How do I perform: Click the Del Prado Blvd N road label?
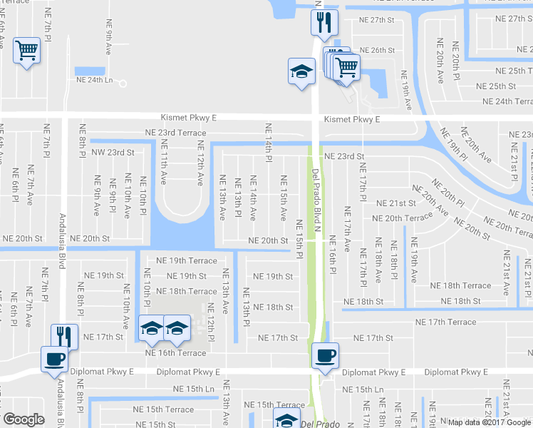[x=319, y=204]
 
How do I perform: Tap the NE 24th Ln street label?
[x=94, y=80]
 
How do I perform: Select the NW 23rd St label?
[x=111, y=152]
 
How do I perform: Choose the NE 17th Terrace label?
[x=445, y=322]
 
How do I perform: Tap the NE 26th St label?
[x=377, y=51]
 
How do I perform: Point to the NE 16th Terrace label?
[x=175, y=353]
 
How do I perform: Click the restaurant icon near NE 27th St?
[x=323, y=21]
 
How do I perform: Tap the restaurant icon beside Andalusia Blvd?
[x=64, y=337]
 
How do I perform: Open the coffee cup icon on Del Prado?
[x=325, y=355]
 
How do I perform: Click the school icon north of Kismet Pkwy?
[x=301, y=71]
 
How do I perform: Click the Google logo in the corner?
[x=24, y=419]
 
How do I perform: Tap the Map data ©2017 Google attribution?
[x=489, y=422]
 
